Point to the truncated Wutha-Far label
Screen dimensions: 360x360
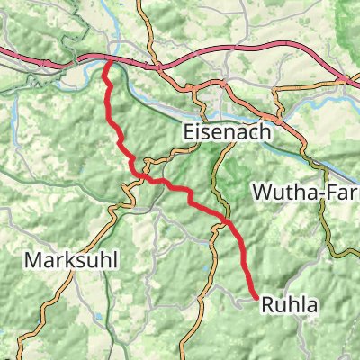click(x=306, y=192)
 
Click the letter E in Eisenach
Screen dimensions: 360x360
click(x=188, y=130)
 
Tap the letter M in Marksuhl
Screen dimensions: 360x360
click(x=32, y=260)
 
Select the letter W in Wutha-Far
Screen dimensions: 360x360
click(x=262, y=192)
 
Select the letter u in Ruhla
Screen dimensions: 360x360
click(x=280, y=306)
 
